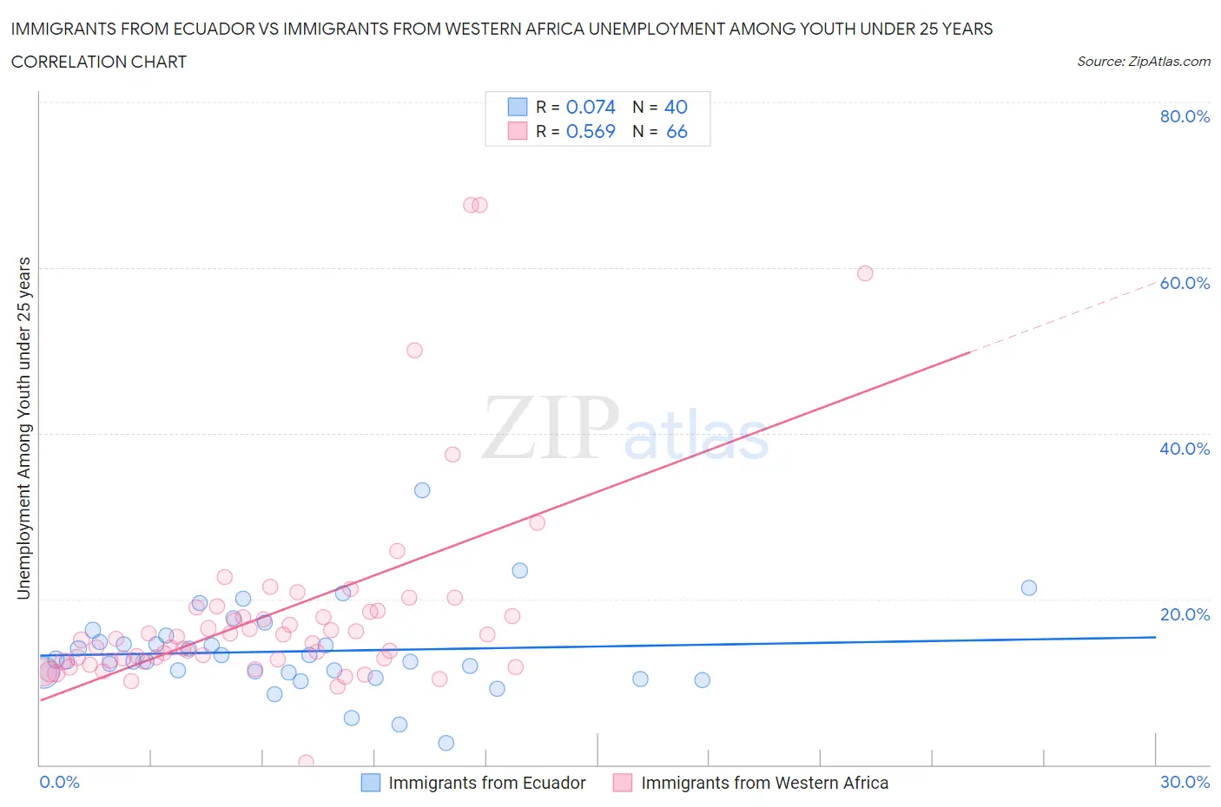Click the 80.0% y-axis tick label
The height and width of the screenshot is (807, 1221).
[x=1185, y=116]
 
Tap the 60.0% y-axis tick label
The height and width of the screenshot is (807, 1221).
[x=1185, y=283]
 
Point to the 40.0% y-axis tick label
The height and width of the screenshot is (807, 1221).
[x=1185, y=449]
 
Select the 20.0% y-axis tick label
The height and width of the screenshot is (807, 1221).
[x=1185, y=614]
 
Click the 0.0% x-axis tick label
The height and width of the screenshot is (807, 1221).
[x=59, y=782]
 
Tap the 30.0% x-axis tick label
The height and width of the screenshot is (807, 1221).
[x=1185, y=782]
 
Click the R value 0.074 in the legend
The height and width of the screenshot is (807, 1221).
[x=591, y=107]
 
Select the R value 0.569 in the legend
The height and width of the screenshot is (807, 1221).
[x=591, y=131]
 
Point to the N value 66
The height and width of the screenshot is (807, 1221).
[x=676, y=131]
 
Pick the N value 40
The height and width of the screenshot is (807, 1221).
[x=676, y=107]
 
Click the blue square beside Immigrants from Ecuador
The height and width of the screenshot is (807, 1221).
[x=371, y=783]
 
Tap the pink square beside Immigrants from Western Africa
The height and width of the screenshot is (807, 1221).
[x=623, y=783]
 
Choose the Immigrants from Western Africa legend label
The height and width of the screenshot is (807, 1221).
[x=764, y=783]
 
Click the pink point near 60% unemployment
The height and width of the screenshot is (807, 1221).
[x=865, y=273]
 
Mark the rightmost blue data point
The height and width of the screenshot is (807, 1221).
[x=1029, y=587]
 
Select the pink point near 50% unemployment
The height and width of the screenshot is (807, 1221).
[x=414, y=351]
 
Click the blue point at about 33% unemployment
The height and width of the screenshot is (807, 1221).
[x=422, y=490]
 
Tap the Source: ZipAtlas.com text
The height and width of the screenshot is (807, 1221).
[x=1143, y=61]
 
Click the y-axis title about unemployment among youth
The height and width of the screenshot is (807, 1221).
[x=24, y=428]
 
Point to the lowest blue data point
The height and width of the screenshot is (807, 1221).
[x=446, y=743]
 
